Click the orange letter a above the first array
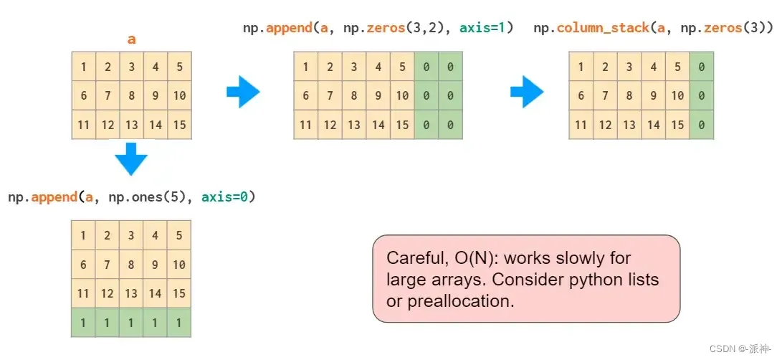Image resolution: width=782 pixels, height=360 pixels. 131,39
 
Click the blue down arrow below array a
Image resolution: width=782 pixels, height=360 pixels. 131,158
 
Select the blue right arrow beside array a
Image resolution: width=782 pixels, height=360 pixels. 242,94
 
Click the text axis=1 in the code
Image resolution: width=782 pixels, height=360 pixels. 485,28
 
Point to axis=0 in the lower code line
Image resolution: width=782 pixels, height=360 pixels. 228,196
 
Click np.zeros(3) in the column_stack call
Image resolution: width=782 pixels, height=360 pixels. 735,28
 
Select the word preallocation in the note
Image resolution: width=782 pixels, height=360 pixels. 461,301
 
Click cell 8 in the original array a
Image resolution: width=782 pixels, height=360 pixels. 131,95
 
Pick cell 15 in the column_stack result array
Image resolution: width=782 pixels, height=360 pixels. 677,125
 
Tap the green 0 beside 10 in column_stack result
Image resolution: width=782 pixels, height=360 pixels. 701,95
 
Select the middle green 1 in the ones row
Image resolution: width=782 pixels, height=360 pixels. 131,323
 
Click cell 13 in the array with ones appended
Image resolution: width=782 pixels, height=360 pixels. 131,293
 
